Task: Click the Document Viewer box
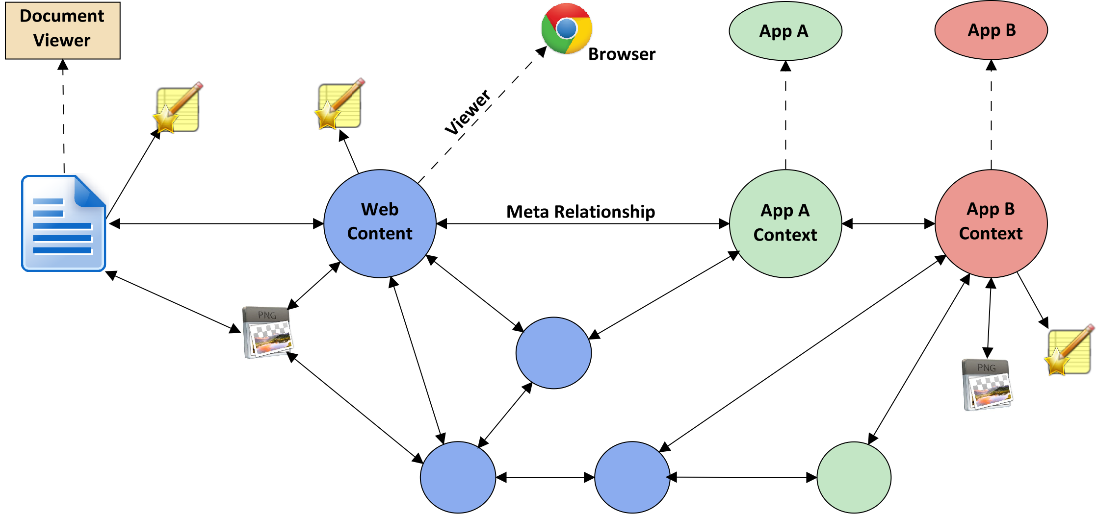coord(62,30)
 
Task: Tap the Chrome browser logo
coord(566,28)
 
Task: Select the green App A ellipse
coord(785,31)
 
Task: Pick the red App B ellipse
coord(991,30)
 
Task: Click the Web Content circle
coord(380,223)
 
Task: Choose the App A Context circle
coord(785,223)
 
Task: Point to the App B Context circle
coord(991,223)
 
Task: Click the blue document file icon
coord(63,223)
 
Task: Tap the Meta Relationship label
coord(580,212)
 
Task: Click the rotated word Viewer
coord(468,112)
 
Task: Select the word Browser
coord(622,54)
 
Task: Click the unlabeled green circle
coord(854,477)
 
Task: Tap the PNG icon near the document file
coord(268,332)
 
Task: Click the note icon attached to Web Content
coord(340,104)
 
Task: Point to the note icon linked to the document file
coord(178,107)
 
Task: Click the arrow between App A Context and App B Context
coord(888,224)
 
